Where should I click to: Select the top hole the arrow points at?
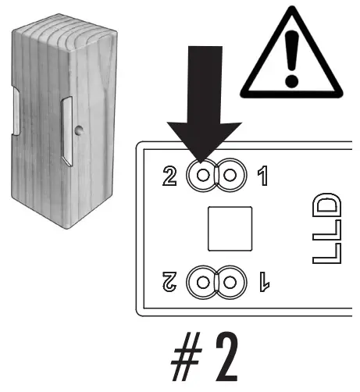[x=204, y=175]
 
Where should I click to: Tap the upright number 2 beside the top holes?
[x=171, y=176]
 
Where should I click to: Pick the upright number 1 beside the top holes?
[x=262, y=176]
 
